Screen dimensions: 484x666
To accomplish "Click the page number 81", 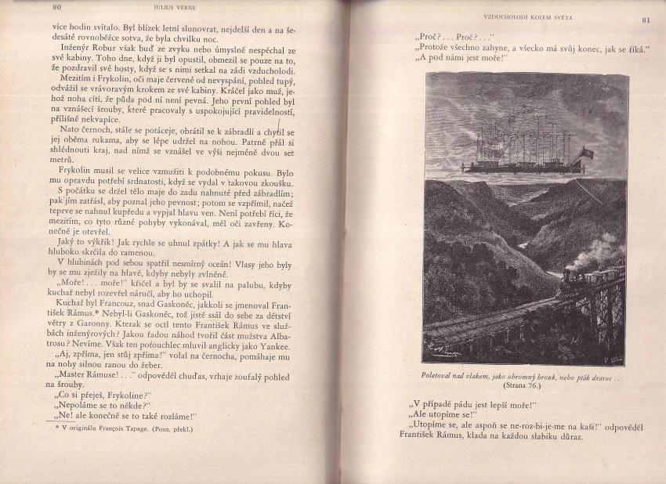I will point(646,20).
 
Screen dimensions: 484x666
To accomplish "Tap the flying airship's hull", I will point(517,167).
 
